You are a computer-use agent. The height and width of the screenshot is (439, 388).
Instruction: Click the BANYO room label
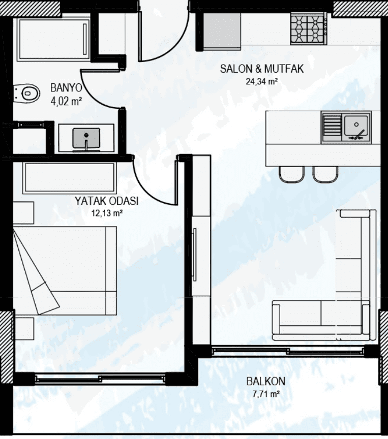66,88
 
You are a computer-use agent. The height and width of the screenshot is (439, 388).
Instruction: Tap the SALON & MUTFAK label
262,69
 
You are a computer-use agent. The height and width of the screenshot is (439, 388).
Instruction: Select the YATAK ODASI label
106,201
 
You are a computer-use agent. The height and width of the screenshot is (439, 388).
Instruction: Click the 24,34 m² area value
262,81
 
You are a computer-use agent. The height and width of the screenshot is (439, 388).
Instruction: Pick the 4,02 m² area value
66,101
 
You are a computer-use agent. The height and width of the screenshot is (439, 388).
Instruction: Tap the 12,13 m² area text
107,213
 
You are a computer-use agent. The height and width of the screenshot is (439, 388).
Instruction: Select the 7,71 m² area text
265,394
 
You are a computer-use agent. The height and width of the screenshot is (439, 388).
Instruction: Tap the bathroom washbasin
86,138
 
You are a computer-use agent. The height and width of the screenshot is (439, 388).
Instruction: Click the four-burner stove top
309,29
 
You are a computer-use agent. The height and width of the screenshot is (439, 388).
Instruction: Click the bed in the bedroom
65,270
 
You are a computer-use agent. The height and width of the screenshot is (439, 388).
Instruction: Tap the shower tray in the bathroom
53,39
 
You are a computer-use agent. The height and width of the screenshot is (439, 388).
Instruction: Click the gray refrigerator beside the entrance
222,32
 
